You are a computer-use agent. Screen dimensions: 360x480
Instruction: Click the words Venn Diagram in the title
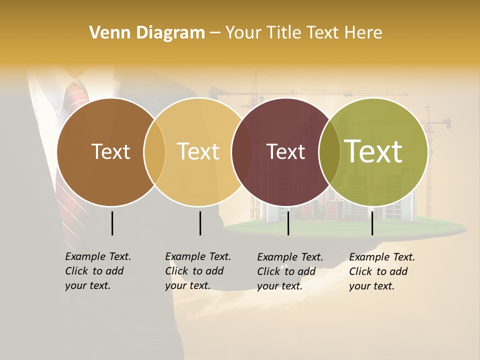coord(147,33)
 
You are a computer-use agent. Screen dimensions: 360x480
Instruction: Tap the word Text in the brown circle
coord(110,152)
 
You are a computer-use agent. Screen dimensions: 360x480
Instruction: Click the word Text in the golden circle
coord(198,152)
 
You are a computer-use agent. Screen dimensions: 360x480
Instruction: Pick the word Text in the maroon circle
coord(285,152)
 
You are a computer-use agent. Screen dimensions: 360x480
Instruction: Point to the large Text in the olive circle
coord(373,151)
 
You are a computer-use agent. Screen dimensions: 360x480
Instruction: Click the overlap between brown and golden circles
coord(154,152)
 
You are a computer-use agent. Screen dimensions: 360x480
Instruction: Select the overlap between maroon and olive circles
coord(329,152)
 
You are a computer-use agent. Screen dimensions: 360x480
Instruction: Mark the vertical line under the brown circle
coord(112,223)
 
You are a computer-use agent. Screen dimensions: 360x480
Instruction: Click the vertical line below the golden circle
coord(200,223)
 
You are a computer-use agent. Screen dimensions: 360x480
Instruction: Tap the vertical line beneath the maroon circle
coord(288,223)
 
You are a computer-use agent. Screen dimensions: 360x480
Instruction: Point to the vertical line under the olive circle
coord(372,223)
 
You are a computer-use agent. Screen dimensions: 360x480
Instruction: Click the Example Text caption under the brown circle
coord(98,271)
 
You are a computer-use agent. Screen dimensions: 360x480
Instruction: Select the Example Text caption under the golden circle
coord(198,271)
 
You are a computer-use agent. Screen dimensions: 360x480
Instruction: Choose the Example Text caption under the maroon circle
coord(290,271)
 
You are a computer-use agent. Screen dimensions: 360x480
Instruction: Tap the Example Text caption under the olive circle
coord(382,271)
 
